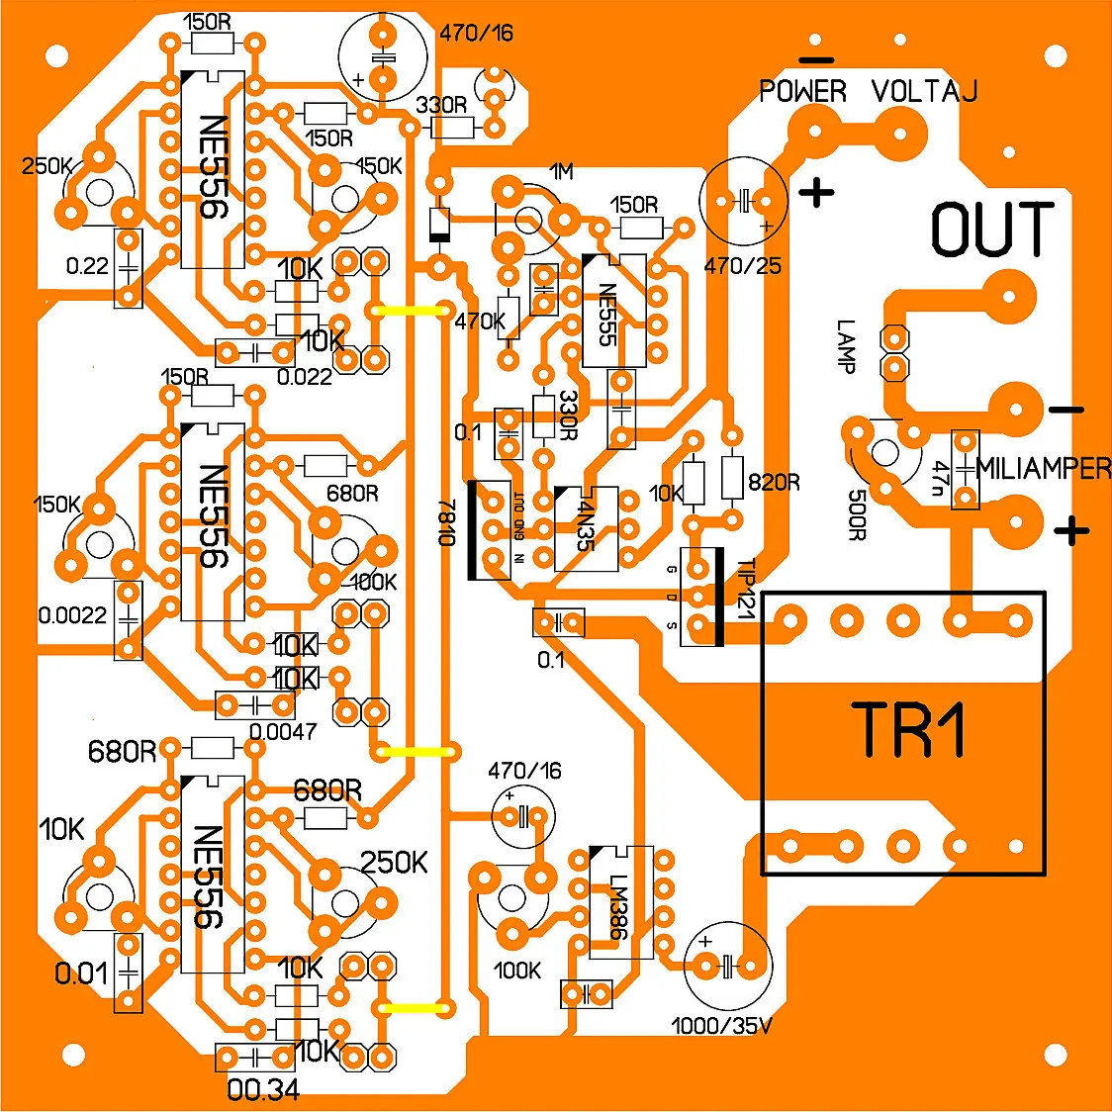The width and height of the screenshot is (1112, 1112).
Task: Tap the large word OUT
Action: tap(992, 230)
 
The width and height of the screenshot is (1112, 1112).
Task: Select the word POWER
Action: tap(802, 92)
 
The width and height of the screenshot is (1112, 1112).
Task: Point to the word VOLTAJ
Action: tap(924, 92)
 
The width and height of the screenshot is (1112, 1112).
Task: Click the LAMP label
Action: tap(846, 345)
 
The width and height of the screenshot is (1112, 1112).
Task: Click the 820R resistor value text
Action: tap(774, 483)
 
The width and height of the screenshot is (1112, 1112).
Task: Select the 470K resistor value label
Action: tap(480, 322)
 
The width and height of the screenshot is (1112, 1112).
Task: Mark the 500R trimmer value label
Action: tap(856, 514)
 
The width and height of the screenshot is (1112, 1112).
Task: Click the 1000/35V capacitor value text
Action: tap(721, 1026)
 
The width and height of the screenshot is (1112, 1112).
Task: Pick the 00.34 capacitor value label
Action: tap(263, 1090)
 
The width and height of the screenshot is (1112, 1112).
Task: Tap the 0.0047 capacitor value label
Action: tap(283, 732)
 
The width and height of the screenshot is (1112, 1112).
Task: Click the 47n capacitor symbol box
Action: tap(965, 470)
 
